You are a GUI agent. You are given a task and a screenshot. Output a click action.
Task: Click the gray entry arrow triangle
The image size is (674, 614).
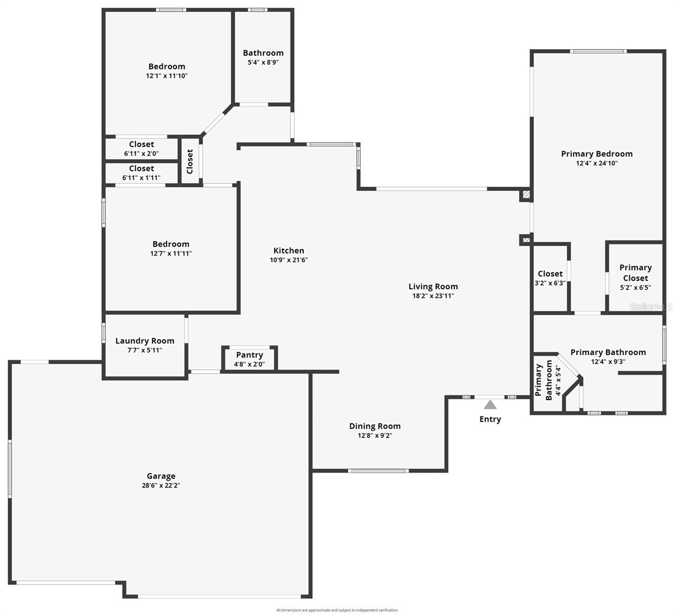tap(490, 405)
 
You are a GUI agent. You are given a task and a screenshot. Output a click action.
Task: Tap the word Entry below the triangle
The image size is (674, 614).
tap(490, 419)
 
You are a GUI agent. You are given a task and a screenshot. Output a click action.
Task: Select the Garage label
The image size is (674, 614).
tap(161, 476)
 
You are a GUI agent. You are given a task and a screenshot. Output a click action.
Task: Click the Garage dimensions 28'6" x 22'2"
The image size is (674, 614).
tap(161, 486)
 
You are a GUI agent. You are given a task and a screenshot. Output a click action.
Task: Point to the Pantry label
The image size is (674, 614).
tap(250, 355)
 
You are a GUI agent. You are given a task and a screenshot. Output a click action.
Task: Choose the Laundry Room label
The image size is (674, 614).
tap(145, 341)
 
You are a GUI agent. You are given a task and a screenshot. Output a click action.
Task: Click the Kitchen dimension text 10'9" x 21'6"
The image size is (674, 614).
tap(289, 260)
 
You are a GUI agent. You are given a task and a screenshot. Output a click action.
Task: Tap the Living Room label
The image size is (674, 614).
tap(433, 287)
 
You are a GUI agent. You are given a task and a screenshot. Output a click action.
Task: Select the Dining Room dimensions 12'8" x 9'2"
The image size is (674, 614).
tap(375, 436)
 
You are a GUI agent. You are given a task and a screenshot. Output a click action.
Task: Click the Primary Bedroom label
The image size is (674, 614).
tap(597, 153)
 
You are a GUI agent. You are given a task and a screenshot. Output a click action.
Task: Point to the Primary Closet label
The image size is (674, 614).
tap(636, 273)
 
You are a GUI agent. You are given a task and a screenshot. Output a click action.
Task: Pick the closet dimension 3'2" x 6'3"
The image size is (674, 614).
tap(550, 283)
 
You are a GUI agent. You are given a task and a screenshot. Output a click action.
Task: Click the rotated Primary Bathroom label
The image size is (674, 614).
tap(544, 380)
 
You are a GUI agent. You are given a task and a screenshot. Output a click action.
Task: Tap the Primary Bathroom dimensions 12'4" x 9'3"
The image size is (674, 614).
tap(608, 362)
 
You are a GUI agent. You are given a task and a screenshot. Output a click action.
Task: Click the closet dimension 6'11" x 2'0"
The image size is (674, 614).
tap(141, 153)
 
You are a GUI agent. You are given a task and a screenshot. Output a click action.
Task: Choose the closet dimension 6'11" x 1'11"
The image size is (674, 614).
tap(141, 178)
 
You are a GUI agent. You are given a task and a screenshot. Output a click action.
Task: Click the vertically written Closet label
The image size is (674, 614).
tap(190, 161)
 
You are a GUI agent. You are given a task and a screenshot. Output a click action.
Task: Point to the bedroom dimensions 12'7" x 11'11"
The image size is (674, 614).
tap(171, 253)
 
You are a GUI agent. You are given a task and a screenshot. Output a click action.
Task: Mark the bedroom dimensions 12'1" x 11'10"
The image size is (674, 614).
tap(167, 76)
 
